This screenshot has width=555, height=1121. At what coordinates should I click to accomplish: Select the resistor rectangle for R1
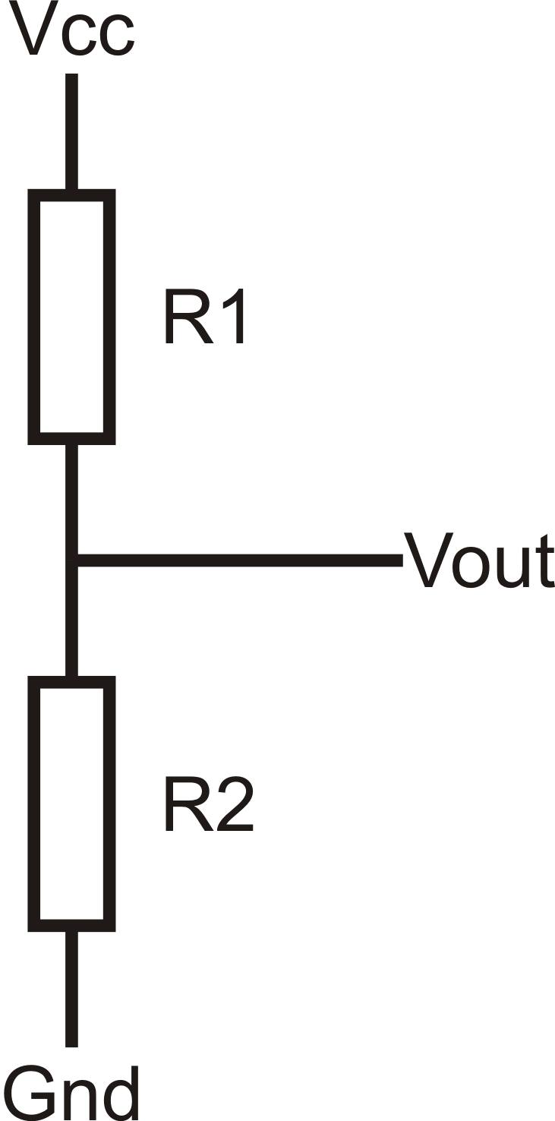(71, 317)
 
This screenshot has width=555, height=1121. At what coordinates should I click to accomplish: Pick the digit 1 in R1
(235, 317)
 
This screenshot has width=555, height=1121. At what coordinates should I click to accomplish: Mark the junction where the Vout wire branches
(72, 560)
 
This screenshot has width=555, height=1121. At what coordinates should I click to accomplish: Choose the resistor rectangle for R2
(71, 804)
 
